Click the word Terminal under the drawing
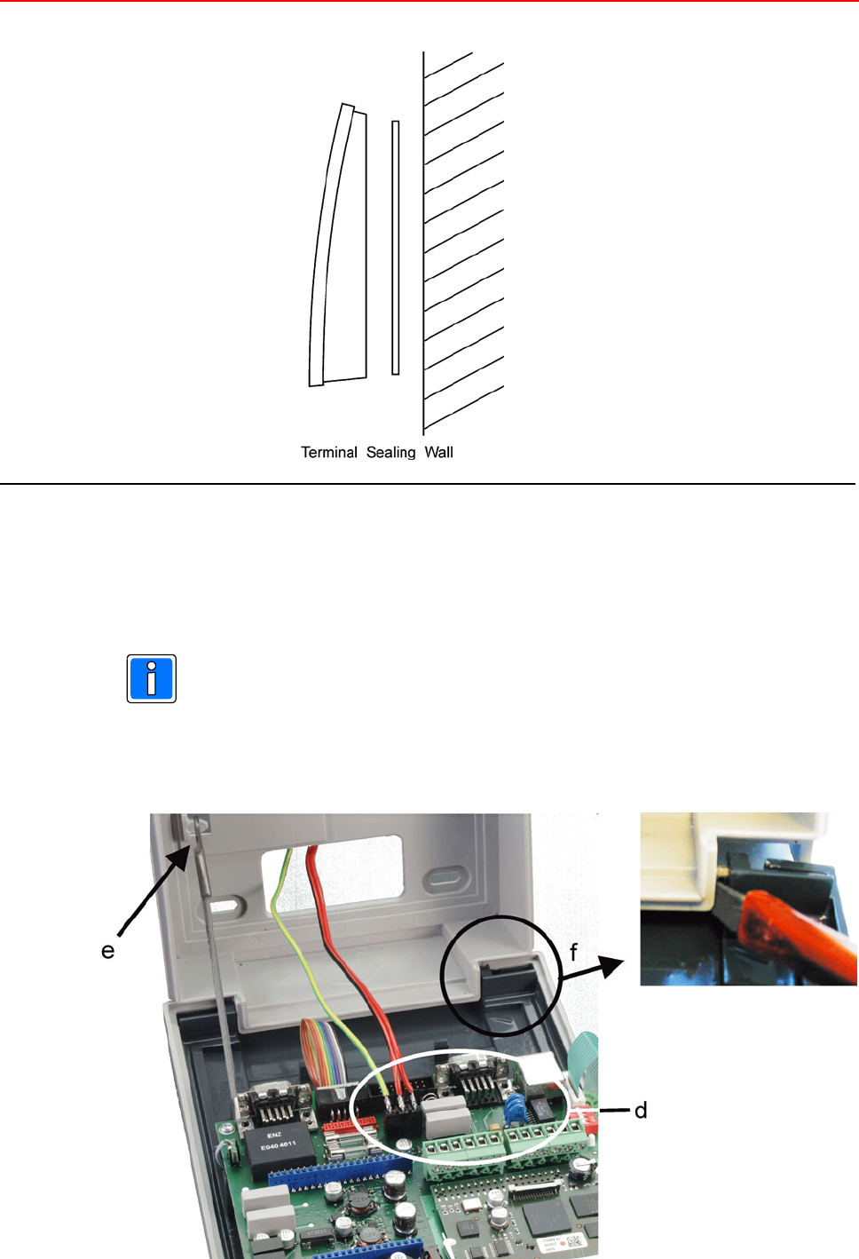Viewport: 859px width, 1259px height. coord(328,452)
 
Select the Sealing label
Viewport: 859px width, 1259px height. coord(390,452)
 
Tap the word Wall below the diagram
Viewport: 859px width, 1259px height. coord(438,452)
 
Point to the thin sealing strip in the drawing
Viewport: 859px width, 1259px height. coord(395,248)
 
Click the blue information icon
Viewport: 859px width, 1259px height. coord(152,679)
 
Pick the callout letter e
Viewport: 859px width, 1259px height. coord(108,951)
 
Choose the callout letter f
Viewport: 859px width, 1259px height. coord(573,953)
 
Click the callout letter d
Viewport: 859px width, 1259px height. coord(641,1110)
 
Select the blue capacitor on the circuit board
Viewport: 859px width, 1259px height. coord(512,1107)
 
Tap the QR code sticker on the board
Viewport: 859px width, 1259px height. coord(574,1241)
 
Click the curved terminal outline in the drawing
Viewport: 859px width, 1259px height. coord(337,249)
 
